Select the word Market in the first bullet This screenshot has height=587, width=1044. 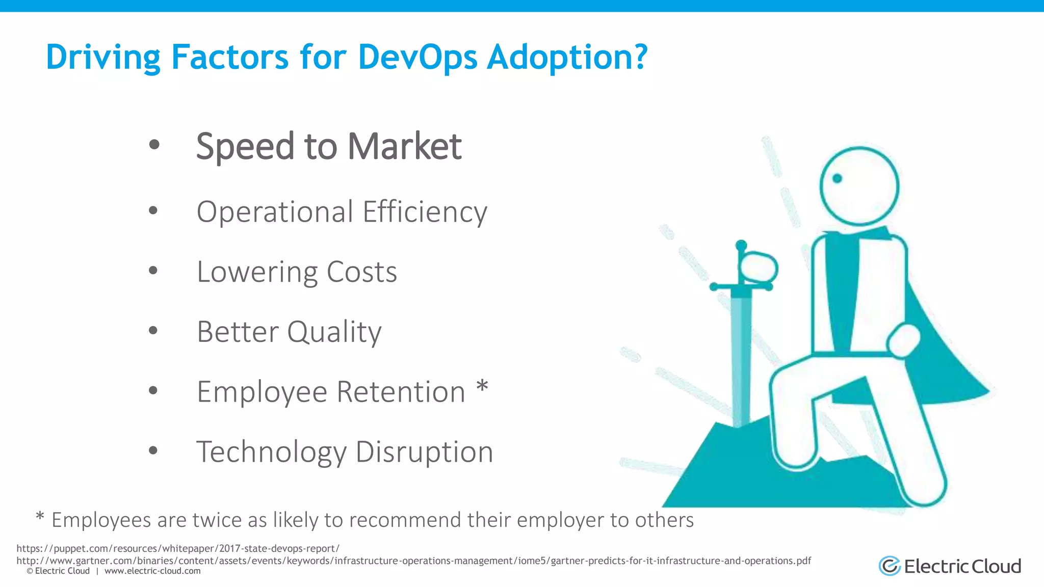404,147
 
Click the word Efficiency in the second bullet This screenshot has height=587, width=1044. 425,212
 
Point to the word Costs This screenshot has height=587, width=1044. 361,272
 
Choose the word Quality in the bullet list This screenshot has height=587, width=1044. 334,332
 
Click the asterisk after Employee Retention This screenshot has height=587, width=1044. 482,388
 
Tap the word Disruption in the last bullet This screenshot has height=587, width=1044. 424,452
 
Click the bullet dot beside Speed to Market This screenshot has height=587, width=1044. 154,145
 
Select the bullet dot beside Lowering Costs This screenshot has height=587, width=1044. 153,271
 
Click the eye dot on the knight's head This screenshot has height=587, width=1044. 837,178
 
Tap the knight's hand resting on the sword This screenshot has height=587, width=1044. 759,268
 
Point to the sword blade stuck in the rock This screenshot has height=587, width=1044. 741,357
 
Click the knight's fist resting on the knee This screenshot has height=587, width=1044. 903,340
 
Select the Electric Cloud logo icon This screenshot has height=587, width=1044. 890,566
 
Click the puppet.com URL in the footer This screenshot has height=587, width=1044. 177,549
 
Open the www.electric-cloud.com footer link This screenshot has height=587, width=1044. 152,571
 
